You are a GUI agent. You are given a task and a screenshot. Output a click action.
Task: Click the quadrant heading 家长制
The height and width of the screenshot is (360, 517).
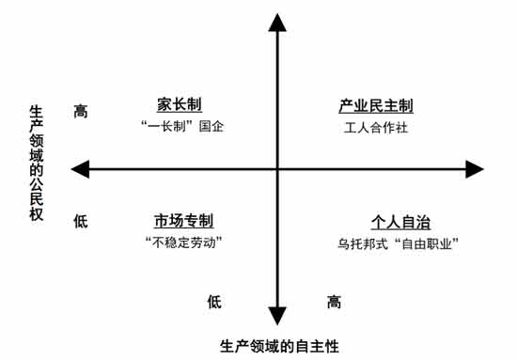(179, 104)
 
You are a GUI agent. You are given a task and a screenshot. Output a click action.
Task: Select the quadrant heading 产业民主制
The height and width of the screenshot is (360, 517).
(376, 105)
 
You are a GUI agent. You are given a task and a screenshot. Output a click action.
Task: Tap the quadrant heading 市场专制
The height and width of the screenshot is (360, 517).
(184, 222)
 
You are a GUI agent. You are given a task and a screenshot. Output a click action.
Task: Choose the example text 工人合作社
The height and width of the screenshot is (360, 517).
(376, 127)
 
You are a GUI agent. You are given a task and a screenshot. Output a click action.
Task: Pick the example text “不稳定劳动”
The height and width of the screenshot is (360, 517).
(184, 243)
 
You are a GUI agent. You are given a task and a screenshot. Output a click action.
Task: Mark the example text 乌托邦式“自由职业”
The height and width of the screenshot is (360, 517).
(398, 243)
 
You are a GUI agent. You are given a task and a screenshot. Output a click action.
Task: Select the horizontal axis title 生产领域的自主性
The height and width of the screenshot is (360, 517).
(279, 344)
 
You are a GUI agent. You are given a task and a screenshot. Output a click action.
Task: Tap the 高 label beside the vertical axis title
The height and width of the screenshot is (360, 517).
(81, 112)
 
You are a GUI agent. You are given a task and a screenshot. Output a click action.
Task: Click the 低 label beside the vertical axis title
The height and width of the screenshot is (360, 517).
(81, 222)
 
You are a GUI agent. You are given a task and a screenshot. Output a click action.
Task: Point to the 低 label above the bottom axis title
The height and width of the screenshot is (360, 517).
(215, 303)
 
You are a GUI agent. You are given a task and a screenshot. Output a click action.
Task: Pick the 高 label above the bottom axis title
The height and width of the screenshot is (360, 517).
(335, 303)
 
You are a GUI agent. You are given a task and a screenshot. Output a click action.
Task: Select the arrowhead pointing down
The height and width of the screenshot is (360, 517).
(278, 314)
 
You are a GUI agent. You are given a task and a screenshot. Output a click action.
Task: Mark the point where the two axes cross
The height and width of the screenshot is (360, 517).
(278, 169)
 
